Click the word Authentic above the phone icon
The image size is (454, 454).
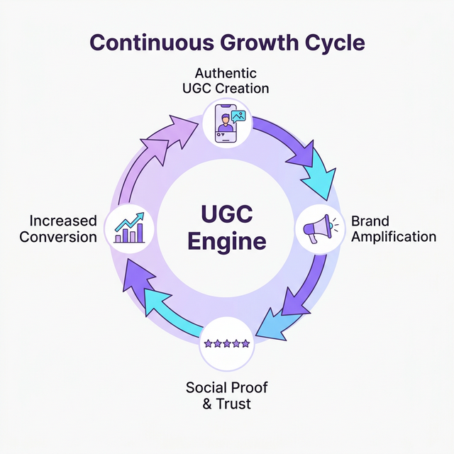[x=226, y=74]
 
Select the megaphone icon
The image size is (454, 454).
[x=318, y=228]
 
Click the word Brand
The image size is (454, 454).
[x=370, y=221]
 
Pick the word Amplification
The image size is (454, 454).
[x=394, y=236]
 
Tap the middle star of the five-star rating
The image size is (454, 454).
[x=226, y=343]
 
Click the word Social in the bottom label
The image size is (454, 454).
[x=205, y=388]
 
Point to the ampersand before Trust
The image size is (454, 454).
[x=206, y=404]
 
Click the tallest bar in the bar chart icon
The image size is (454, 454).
[x=140, y=231]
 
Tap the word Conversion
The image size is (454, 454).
[x=58, y=237]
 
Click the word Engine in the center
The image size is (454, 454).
[x=226, y=242]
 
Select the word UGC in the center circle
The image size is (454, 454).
[x=226, y=214]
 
